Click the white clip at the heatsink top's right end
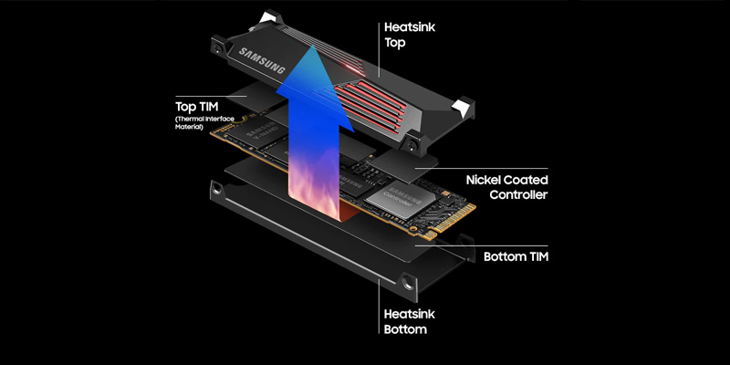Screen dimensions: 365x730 463,107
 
